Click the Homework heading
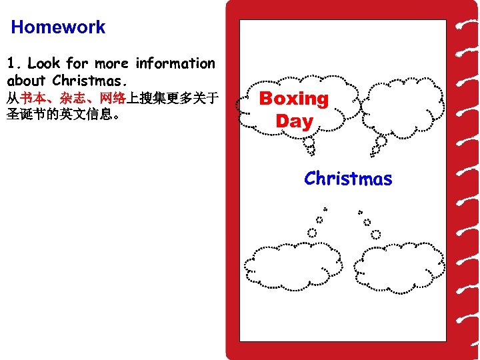click(x=58, y=27)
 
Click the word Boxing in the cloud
click(x=294, y=99)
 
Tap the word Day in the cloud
click(x=294, y=121)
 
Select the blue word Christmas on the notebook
click(x=348, y=179)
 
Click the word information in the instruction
click(x=175, y=64)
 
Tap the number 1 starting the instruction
click(x=11, y=64)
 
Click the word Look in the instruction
click(x=44, y=64)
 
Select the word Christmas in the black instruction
click(x=88, y=81)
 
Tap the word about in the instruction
click(x=26, y=81)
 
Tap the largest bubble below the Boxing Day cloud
click(x=309, y=142)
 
